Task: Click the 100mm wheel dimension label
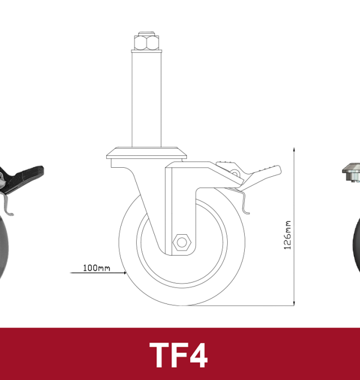97,268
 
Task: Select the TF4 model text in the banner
179,354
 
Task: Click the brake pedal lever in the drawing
259,171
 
